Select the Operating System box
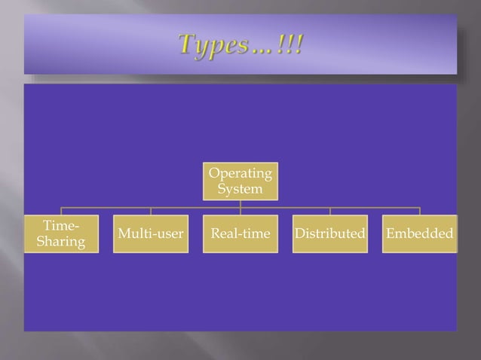[240, 181]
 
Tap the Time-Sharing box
[60, 233]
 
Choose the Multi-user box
[150, 233]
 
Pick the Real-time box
[240, 233]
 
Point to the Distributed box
[329, 233]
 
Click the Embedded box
[419, 233]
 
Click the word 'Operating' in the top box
[240, 174]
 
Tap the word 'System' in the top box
[240, 189]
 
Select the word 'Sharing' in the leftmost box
[60, 242]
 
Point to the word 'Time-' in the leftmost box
[59, 225]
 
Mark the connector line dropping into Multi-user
[150, 211]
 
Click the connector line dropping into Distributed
[329, 211]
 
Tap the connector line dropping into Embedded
[419, 211]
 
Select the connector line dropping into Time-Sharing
[61, 211]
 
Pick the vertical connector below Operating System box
[240, 203]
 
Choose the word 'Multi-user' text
[150, 233]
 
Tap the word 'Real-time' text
[240, 233]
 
